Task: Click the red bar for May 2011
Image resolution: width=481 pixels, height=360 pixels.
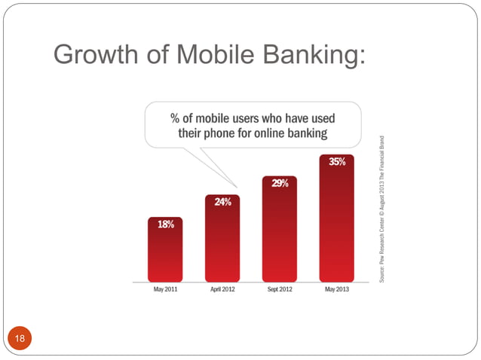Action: coord(166,252)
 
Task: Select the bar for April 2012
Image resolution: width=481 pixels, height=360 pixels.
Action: coord(222,241)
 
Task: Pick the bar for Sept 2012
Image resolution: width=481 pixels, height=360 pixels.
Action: coord(280,233)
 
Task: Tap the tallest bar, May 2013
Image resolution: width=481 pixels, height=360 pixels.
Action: coord(336,222)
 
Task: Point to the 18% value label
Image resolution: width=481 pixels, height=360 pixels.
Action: coord(166,224)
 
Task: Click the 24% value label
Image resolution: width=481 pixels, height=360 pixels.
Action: coord(222,202)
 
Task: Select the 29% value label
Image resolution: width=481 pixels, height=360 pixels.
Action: coord(280,183)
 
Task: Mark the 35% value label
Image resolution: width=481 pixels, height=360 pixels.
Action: coord(337,161)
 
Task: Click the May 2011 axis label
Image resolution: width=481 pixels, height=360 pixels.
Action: coord(166,290)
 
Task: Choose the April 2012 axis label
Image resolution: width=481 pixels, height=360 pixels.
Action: coord(222,290)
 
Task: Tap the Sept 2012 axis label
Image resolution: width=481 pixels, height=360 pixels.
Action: coord(280,290)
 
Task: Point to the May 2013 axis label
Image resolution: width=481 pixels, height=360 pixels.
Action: coord(337,290)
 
